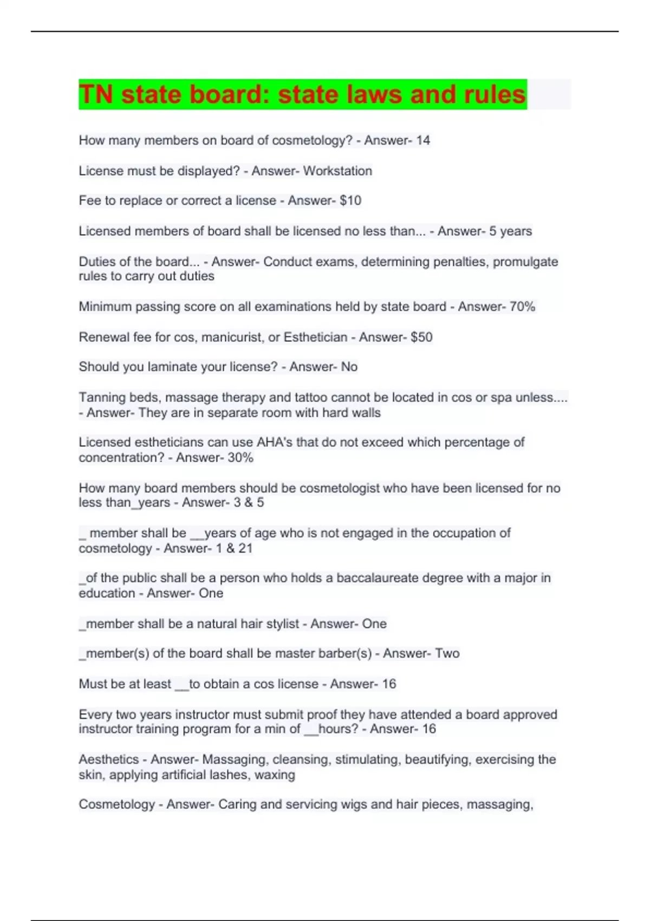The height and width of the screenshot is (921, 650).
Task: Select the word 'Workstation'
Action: pyautogui.click(x=337, y=171)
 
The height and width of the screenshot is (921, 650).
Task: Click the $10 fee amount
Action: pyautogui.click(x=350, y=200)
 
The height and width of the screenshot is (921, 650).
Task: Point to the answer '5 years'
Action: pyautogui.click(x=510, y=231)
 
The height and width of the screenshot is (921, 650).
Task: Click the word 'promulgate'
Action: pyautogui.click(x=525, y=262)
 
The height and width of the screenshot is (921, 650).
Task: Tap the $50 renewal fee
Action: pyautogui.click(x=421, y=337)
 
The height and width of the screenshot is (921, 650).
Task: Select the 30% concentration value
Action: pyautogui.click(x=240, y=457)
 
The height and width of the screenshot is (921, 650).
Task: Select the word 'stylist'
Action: pyautogui.click(x=282, y=624)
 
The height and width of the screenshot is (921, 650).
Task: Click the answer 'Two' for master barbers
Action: pyautogui.click(x=447, y=653)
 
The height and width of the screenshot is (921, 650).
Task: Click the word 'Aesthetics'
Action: pyautogui.click(x=109, y=760)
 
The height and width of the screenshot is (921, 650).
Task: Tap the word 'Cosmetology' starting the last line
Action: pyautogui.click(x=117, y=805)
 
